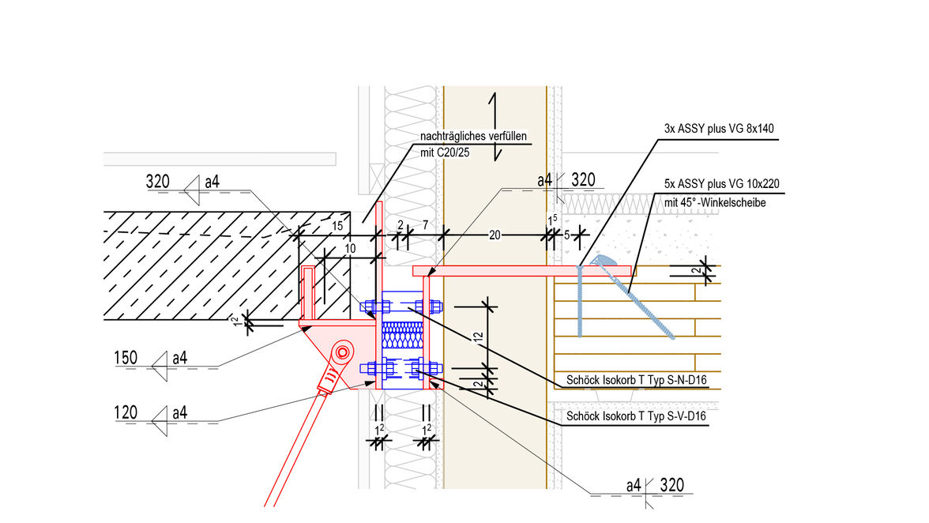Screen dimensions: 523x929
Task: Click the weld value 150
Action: point(126,358)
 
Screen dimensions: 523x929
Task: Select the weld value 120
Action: point(126,412)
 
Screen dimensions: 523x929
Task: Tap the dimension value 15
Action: point(338,227)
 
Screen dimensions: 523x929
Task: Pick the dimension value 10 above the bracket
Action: point(351,248)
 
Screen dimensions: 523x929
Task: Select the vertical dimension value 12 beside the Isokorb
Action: point(478,337)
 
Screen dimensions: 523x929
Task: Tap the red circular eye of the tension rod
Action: point(342,351)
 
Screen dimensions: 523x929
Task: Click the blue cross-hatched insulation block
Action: point(403,335)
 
